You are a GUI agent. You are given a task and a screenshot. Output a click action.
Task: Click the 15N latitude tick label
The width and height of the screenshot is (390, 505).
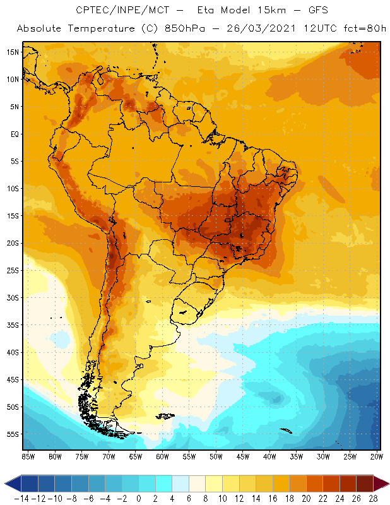[x=13, y=52]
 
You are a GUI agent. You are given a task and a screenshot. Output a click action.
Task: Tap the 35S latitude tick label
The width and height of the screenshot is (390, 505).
[x=13, y=325]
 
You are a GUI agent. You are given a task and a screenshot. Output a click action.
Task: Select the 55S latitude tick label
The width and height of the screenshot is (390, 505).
[x=13, y=434]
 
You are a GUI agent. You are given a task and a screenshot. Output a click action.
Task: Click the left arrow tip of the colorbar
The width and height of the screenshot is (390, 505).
[x=6, y=484]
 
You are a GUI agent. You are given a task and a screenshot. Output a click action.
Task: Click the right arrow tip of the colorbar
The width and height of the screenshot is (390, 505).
[x=386, y=484]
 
